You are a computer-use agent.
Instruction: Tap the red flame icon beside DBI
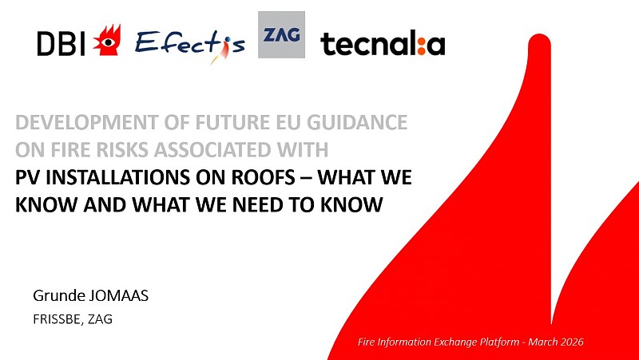(106, 41)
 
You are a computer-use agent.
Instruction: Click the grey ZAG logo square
(281, 34)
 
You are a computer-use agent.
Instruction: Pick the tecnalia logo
(383, 44)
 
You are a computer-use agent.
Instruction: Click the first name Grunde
(56, 297)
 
